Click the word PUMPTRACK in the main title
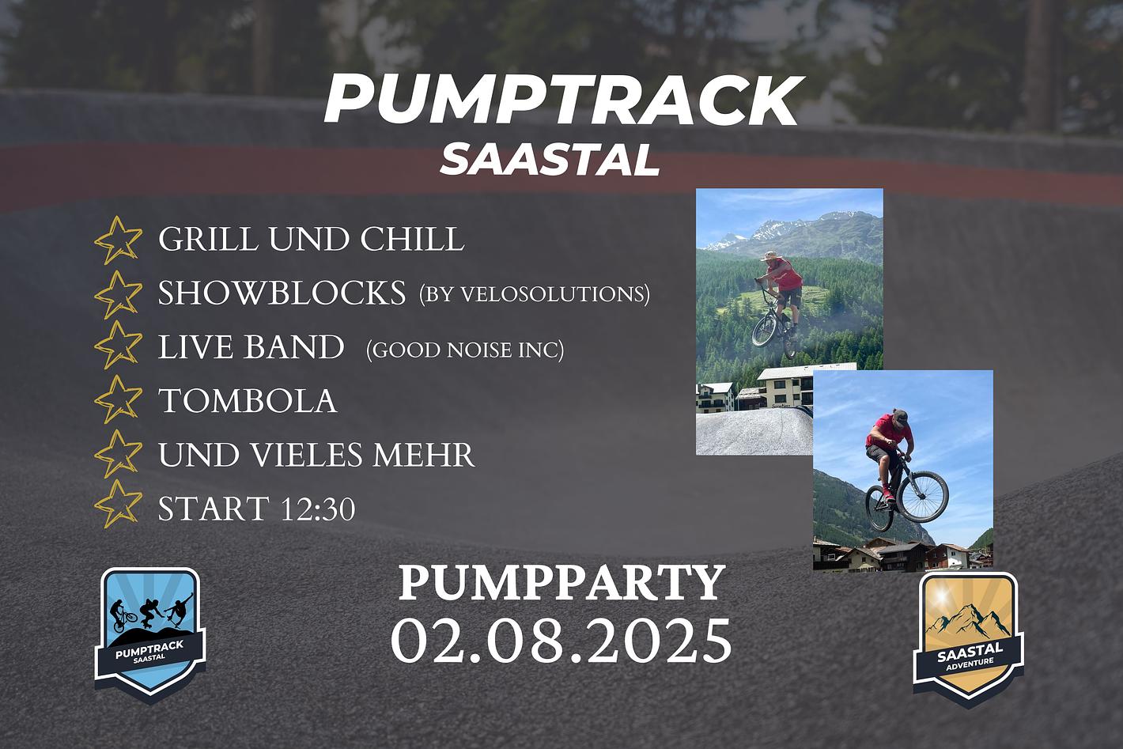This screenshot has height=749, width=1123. coord(564,100)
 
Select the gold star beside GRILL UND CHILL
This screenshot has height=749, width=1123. coord(119,240)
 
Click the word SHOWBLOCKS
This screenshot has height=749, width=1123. coord(282,293)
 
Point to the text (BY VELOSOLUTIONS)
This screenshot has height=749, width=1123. coord(535,294)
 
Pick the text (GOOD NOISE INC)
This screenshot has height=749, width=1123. coord(465,350)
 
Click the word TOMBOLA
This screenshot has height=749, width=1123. coord(248,400)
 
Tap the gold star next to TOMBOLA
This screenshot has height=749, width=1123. coord(119,399)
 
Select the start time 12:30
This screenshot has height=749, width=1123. coord(318,509)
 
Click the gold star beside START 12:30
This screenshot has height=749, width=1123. coord(119,503)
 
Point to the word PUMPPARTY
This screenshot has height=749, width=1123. coord(562,583)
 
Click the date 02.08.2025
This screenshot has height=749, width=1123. coord(561,641)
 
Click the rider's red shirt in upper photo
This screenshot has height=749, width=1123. coord(786,275)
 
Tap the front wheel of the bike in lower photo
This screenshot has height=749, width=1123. coord(924,497)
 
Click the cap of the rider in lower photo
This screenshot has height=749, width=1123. coord(901,415)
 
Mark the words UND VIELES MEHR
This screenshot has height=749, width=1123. coord(316,455)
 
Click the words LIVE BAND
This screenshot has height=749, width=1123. coord(251,347)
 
